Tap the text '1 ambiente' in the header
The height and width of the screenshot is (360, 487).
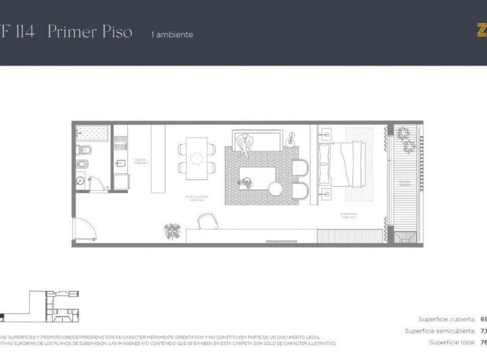click(172, 35)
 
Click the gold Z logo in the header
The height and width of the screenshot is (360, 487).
click(482, 30)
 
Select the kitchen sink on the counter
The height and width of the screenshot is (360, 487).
click(121, 162)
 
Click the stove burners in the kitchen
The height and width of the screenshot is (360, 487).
click(121, 142)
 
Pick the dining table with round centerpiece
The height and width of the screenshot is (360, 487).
click(197, 158)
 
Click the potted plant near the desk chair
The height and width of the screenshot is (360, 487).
click(172, 230)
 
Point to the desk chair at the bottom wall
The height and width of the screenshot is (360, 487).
click(207, 221)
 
